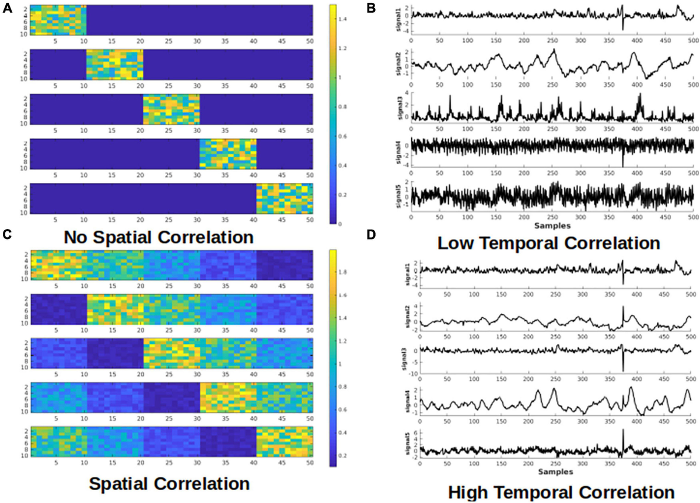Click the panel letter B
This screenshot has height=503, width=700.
[x=372, y=8]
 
